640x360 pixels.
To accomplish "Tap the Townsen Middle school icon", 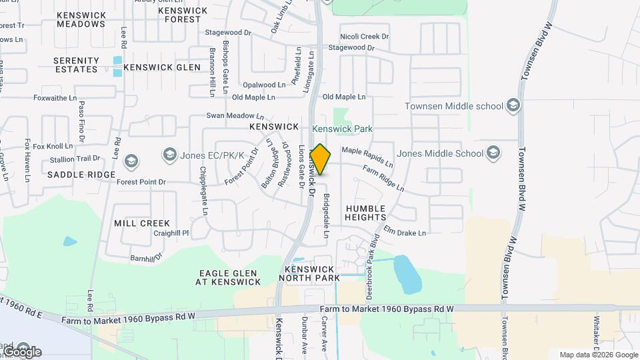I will [513, 106].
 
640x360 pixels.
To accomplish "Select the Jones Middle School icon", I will [493, 153].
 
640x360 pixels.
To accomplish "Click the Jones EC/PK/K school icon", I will [169, 155].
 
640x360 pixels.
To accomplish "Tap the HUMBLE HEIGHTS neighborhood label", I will [366, 213].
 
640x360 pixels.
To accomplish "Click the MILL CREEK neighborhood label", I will [142, 223].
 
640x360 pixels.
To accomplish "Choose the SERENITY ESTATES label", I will [77, 65].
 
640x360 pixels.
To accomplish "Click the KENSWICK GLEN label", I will [162, 67].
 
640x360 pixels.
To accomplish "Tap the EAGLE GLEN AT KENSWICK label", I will [228, 277].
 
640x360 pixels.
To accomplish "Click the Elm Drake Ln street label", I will [404, 231].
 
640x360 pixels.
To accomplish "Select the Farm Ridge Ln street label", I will [383, 179].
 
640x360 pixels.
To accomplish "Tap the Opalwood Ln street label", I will [263, 85].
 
